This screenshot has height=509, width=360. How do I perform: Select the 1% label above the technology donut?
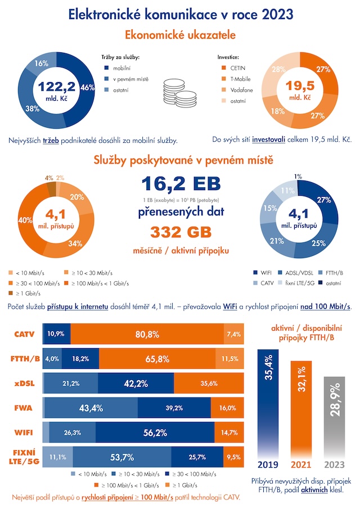(x=298, y=176)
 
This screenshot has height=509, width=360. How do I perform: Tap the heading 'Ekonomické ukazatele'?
(x=180, y=35)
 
